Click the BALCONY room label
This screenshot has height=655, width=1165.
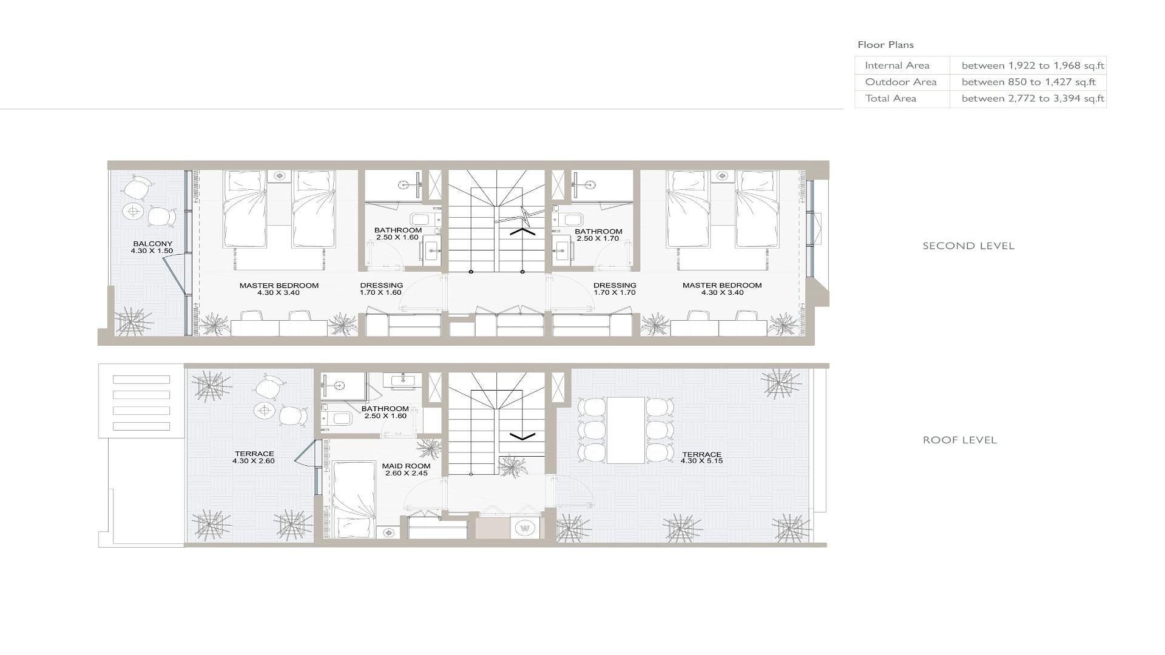pyautogui.click(x=152, y=244)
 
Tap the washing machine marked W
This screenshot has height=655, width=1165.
pyautogui.click(x=525, y=528)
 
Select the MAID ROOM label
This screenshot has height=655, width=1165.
pyautogui.click(x=406, y=466)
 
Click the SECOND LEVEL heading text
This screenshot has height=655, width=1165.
pyautogui.click(x=968, y=246)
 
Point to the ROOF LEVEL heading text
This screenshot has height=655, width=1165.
pyautogui.click(x=960, y=440)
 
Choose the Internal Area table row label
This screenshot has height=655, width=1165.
pyautogui.click(x=897, y=65)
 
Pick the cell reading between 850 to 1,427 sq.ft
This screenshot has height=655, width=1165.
pyautogui.click(x=1028, y=82)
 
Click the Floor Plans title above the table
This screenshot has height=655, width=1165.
pyautogui.click(x=885, y=44)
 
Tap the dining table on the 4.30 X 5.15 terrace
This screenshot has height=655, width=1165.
pyautogui.click(x=626, y=430)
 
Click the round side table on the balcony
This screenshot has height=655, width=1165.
pyautogui.click(x=133, y=212)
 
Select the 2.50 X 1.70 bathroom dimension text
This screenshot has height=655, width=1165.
pyautogui.click(x=598, y=238)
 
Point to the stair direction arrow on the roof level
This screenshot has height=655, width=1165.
pyautogui.click(x=522, y=435)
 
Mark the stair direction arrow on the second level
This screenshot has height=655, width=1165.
pyautogui.click(x=522, y=231)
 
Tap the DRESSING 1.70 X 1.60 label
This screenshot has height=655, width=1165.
pyautogui.click(x=381, y=289)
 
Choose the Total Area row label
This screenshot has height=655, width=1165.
pyautogui.click(x=890, y=98)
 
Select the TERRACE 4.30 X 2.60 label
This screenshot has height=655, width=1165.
pyautogui.click(x=254, y=457)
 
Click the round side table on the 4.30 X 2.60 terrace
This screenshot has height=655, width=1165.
pyautogui.click(x=264, y=411)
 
